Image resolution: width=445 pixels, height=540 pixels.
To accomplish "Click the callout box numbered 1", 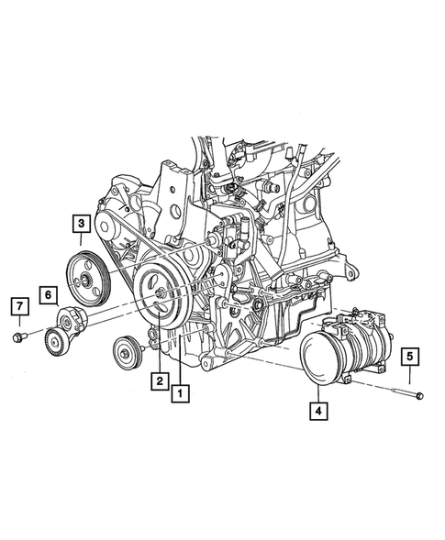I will pyautogui.click(x=182, y=395).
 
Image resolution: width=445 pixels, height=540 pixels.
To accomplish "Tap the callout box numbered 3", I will pyautogui.click(x=81, y=223).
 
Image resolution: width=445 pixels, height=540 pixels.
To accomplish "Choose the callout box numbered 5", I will pyautogui.click(x=410, y=356).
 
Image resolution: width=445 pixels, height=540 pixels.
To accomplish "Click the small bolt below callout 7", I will pyautogui.click(x=18, y=337).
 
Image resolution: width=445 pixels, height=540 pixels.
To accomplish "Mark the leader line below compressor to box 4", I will pyautogui.click(x=317, y=394).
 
